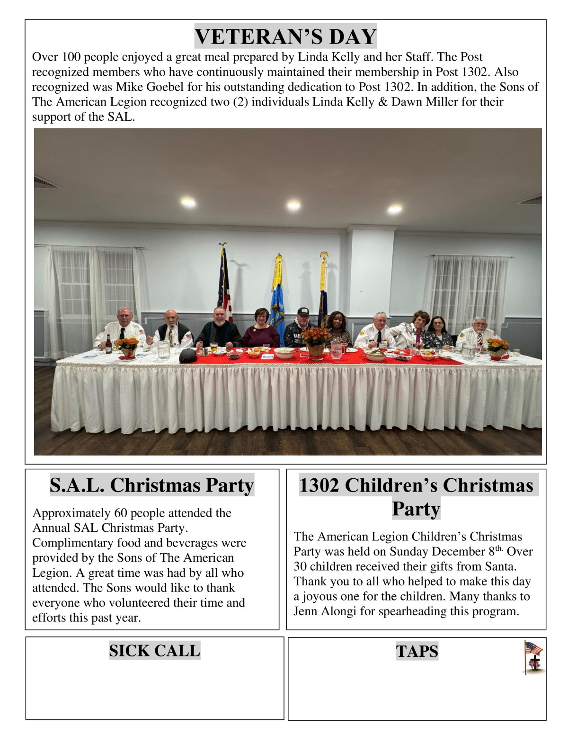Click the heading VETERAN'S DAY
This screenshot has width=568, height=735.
(285, 36)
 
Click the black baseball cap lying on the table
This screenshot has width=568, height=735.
(188, 356)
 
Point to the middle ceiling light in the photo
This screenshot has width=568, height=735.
(293, 205)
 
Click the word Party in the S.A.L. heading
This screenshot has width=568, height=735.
(230, 485)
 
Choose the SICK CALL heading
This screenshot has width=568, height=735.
(154, 651)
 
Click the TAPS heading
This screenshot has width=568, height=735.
(417, 651)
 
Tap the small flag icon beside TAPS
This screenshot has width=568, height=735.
(533, 657)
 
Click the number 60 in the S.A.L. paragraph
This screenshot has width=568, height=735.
(121, 513)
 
